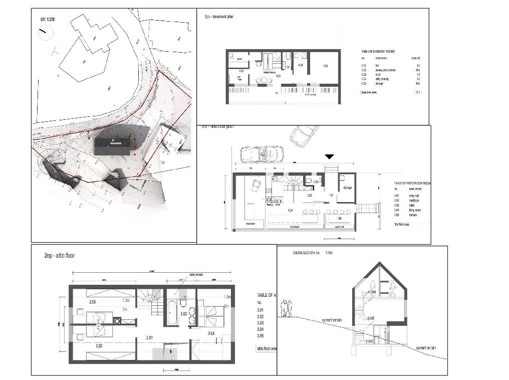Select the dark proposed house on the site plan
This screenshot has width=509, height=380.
pyautogui.click(x=116, y=144)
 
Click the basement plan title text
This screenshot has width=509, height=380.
pyautogui.click(x=218, y=17)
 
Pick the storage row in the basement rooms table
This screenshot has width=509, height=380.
pyautogui.click(x=391, y=84)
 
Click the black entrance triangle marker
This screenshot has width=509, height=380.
pyautogui.click(x=329, y=157)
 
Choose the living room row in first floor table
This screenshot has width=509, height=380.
pyautogui.click(x=406, y=210)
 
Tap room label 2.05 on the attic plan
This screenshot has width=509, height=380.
pyautogui.click(x=92, y=303)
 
